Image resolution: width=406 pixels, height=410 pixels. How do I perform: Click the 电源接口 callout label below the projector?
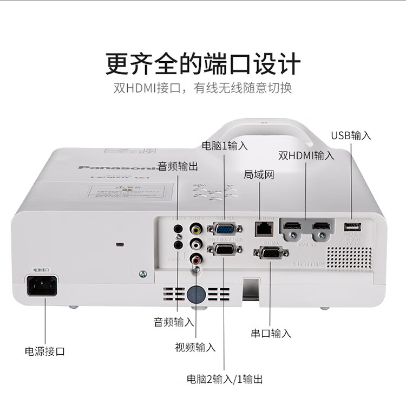click(45, 351)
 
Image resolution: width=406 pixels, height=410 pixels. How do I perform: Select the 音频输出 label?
click(178, 166)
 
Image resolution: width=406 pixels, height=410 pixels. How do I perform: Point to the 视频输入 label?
click(195, 347)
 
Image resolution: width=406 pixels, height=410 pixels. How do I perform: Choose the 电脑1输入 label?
click(225, 145)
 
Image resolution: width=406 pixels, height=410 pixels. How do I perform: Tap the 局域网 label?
click(259, 174)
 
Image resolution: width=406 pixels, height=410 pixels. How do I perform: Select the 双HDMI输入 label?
click(306, 155)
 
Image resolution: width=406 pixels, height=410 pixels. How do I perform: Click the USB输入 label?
click(351, 135)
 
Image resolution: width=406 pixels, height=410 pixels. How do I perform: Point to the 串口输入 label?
click(271, 333)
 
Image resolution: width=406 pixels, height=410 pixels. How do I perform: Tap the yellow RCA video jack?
click(196, 230)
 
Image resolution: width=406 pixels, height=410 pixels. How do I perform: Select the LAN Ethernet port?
click(263, 228)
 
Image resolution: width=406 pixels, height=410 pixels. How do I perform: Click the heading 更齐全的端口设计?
click(203, 64)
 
